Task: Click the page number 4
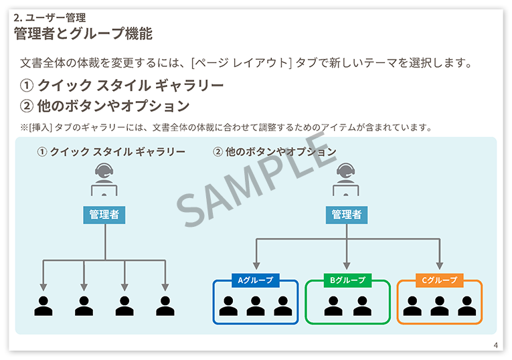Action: pos(495,345)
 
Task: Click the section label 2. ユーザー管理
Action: pos(50,18)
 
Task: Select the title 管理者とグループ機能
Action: pos(83,33)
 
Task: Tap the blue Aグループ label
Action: pos(255,280)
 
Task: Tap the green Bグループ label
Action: pos(347,280)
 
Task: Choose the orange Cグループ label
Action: pos(439,280)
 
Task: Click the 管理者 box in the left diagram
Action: pos(104,214)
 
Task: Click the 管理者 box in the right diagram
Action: pos(347,214)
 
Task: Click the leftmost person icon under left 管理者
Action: pos(44,306)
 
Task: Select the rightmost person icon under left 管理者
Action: pos(165,306)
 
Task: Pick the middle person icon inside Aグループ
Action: pos(255,306)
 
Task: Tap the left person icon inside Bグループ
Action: pos(333,306)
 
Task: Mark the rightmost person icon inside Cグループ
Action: pos(466,306)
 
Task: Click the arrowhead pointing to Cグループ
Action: pos(439,265)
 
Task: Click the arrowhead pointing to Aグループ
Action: pos(255,265)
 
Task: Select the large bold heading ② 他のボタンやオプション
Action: pos(105,106)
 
